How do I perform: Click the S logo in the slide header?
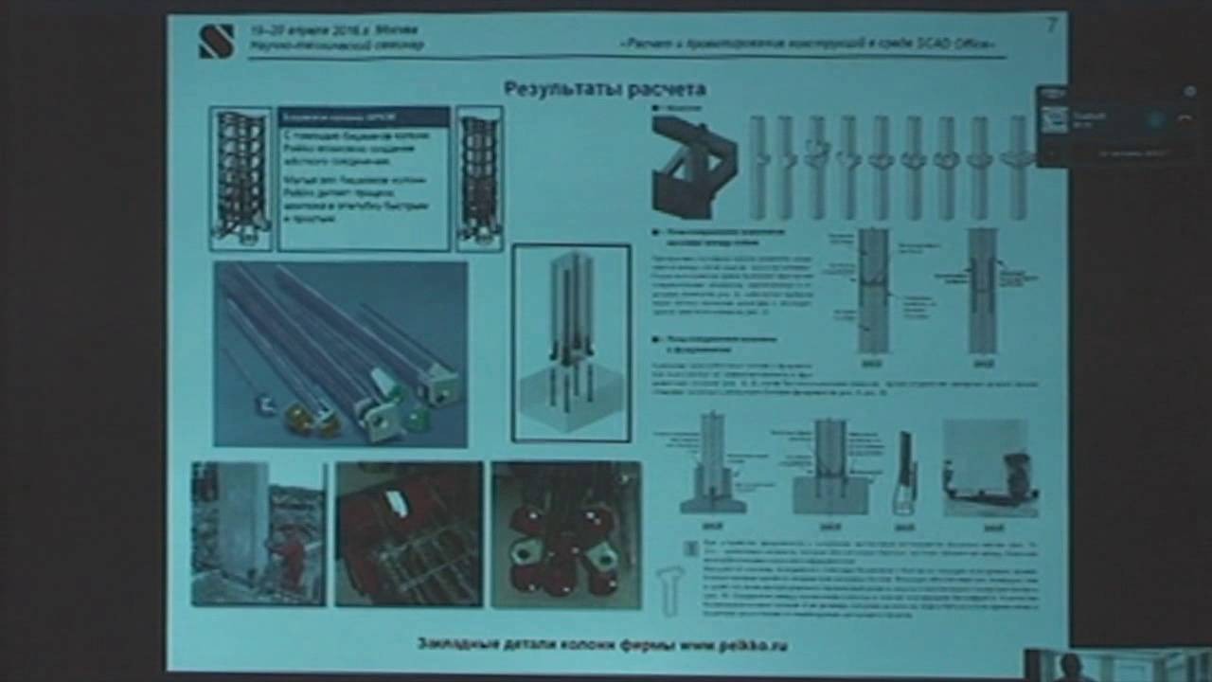[x=216, y=41]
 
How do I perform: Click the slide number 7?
[x=1050, y=26]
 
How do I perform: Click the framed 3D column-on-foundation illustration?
[x=571, y=343]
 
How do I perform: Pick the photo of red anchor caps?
[x=566, y=534]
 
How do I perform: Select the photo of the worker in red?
[x=258, y=533]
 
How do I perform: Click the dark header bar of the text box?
[x=364, y=117]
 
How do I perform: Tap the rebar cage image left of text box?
[x=241, y=178]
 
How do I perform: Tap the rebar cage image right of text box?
[x=479, y=178]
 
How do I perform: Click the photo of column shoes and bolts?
[x=340, y=353]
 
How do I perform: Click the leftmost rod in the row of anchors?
[x=757, y=168]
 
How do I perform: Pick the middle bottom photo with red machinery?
[x=409, y=533]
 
